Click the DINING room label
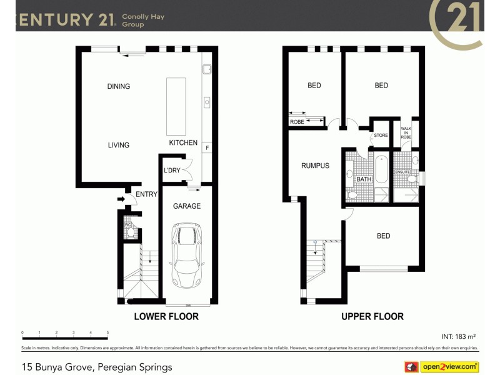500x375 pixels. point(118,86)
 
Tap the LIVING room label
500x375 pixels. point(118,145)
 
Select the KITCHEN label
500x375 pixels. point(183,143)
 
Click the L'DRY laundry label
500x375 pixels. point(172,170)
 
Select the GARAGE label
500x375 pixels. point(187,206)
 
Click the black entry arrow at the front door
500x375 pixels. point(121,199)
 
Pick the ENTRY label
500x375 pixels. point(146,194)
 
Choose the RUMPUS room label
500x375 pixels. point(315,166)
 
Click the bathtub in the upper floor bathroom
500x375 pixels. point(381,169)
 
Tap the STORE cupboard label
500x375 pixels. point(381,135)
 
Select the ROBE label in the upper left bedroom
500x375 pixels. point(297,122)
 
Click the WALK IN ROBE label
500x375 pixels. point(406,132)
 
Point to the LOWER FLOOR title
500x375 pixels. point(166,316)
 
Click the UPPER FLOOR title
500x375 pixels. point(372,316)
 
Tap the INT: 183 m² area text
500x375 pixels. point(459,336)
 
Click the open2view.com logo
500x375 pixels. point(449,366)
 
